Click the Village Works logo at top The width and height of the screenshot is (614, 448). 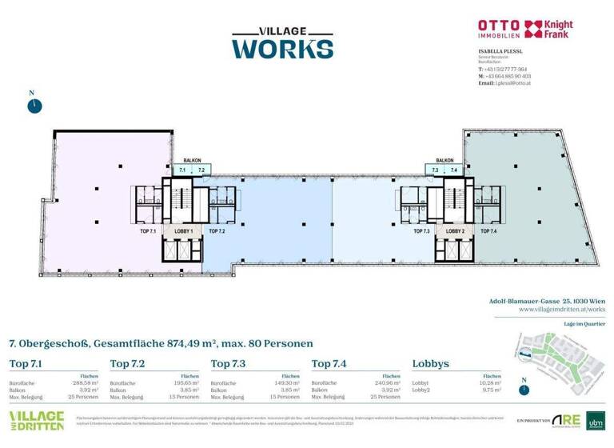coord(281,42)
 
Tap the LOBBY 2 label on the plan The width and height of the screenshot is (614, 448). coord(454,231)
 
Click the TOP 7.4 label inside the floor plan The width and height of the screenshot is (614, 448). coord(488,231)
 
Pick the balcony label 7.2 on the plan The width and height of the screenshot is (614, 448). coord(201,170)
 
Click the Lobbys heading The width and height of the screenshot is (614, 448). coord(430,364)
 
